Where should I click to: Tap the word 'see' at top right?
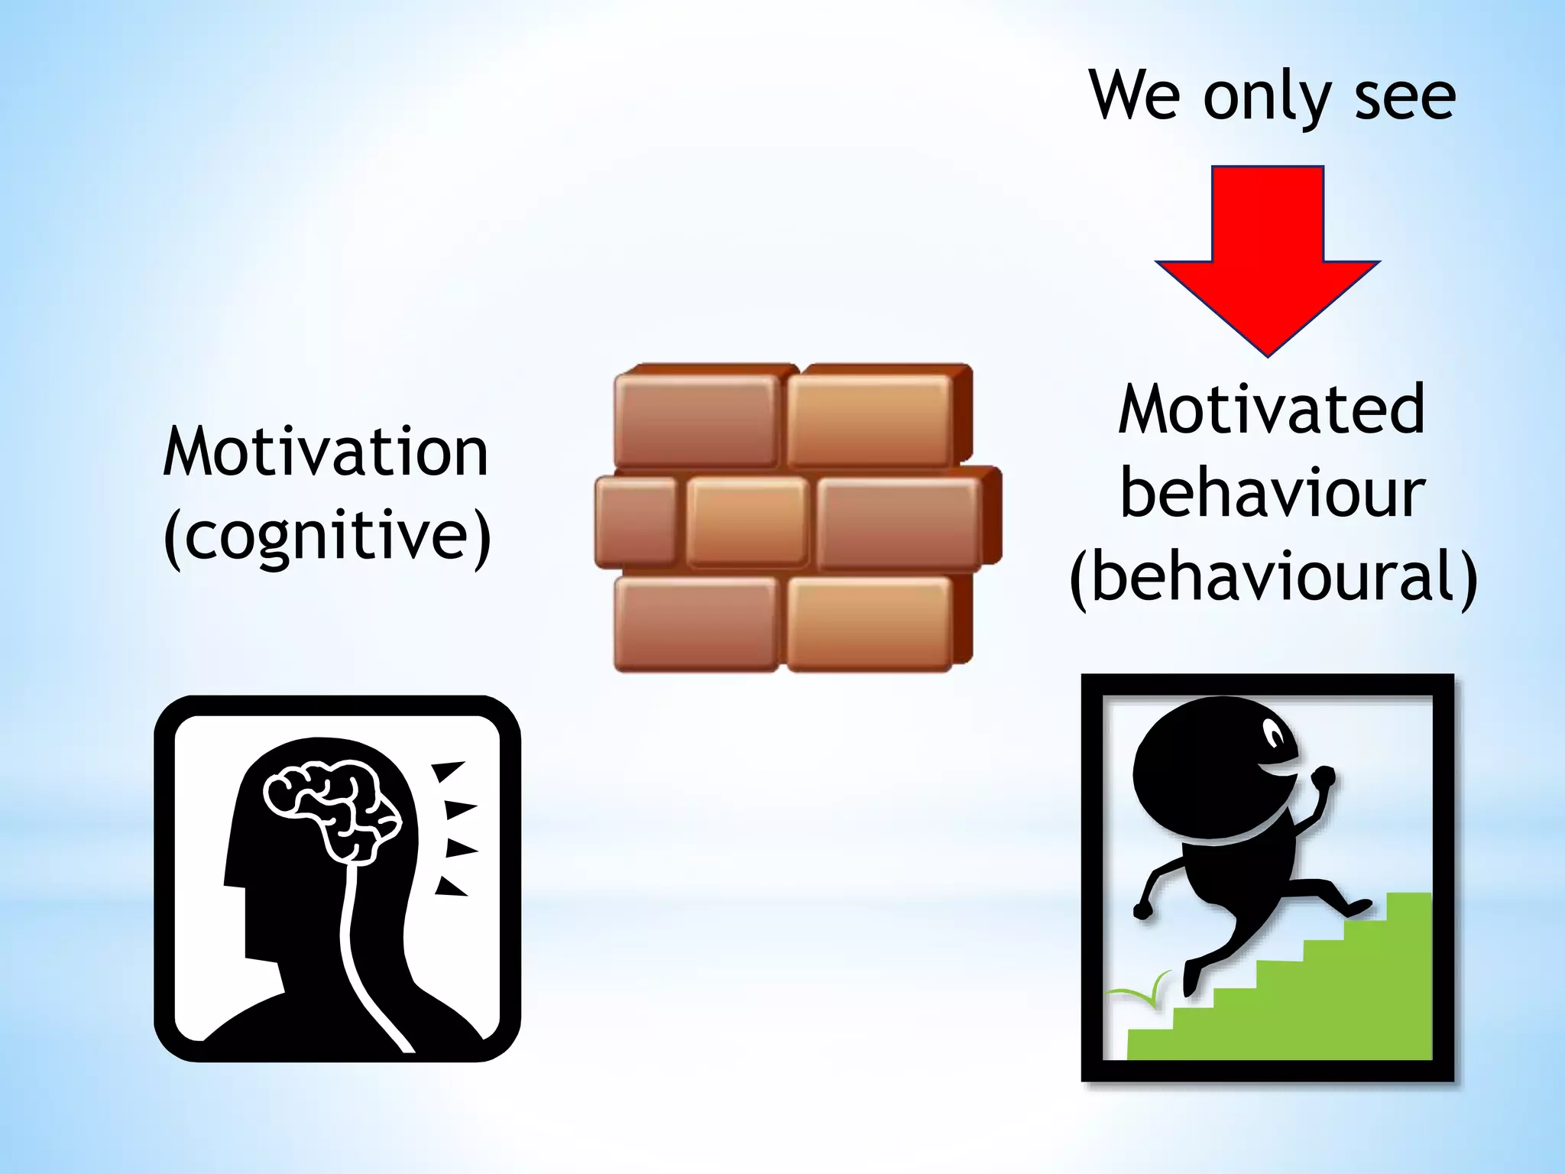pyautogui.click(x=1405, y=99)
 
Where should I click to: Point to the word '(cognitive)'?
pyautogui.click(x=327, y=536)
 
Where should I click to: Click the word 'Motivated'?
pyautogui.click(x=1272, y=410)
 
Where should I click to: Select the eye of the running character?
pyautogui.click(x=1275, y=735)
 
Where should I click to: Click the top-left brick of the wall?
pyautogui.click(x=695, y=420)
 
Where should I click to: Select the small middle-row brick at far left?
pyautogui.click(x=636, y=521)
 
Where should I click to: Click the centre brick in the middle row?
pyautogui.click(x=747, y=521)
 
